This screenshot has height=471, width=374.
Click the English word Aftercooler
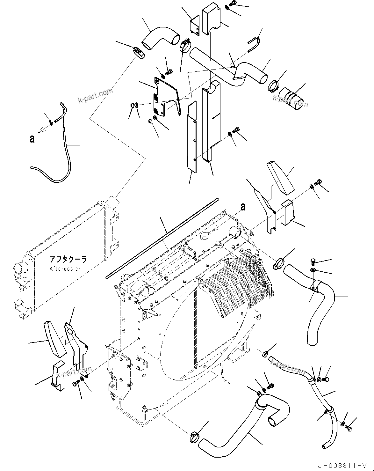point(65,269)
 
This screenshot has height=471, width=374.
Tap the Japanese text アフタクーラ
point(68,259)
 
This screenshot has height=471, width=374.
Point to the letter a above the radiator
point(243,207)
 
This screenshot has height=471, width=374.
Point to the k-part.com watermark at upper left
point(96,96)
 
